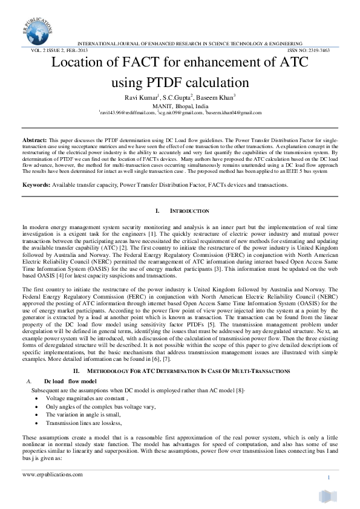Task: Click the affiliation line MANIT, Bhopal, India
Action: pyautogui.click(x=180, y=105)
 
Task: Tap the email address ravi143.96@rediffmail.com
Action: pyautogui.click(x=128, y=112)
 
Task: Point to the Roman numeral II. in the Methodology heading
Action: pyautogui.click(x=77, y=370)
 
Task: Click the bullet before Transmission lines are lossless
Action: pyautogui.click(x=39, y=423)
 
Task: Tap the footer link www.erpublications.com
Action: pyautogui.click(x=52, y=475)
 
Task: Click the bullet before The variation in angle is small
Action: pyautogui.click(x=39, y=415)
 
